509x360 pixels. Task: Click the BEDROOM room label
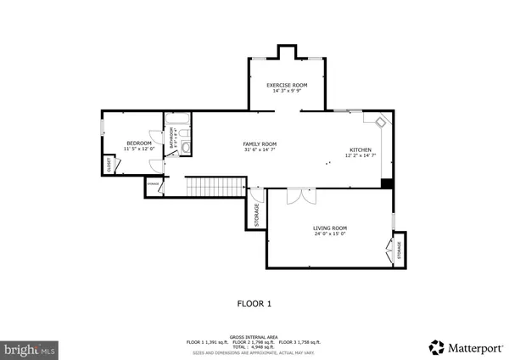[x=138, y=143]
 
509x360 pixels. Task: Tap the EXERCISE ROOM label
[x=287, y=86]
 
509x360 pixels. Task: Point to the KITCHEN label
[x=358, y=150]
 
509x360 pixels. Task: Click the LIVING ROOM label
[x=331, y=228]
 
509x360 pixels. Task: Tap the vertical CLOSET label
[x=109, y=166]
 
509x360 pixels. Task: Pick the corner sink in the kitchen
[x=382, y=121]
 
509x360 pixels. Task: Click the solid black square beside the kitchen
[x=387, y=183]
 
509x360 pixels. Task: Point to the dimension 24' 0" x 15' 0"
[x=331, y=233]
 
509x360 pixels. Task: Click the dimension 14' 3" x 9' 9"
[x=287, y=92]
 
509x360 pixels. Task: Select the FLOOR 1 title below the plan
[x=254, y=302]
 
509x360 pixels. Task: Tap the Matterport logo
[x=465, y=346]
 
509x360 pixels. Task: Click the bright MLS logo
[x=31, y=348]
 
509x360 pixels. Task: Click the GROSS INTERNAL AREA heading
[x=254, y=336]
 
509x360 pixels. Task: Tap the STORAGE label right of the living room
[x=400, y=251]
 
